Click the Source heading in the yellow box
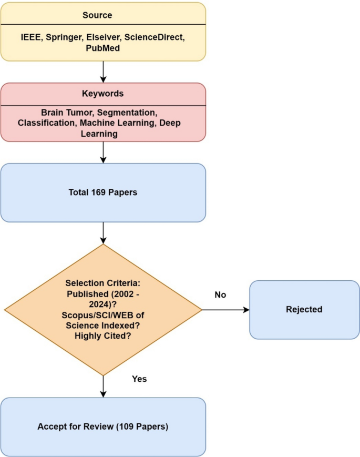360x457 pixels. [x=97, y=15]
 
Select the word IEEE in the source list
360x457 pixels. [x=29, y=37]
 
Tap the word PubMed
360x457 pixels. [x=103, y=48]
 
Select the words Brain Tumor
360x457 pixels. [x=66, y=113]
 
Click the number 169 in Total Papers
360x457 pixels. [x=98, y=192]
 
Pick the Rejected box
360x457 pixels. [x=304, y=309]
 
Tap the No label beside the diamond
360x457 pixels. [x=220, y=295]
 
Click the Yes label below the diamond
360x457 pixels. [x=139, y=379]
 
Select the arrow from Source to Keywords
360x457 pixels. [x=103, y=72]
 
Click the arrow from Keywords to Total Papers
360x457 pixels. [x=103, y=152]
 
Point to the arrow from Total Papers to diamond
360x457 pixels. [x=103, y=232]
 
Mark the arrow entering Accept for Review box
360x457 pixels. [x=103, y=386]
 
